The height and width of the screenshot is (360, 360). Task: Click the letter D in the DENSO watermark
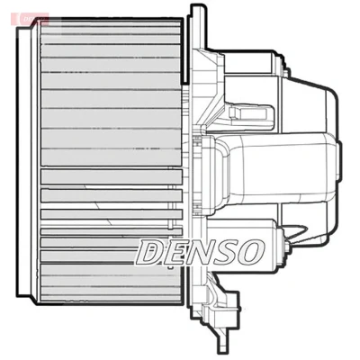[150, 252]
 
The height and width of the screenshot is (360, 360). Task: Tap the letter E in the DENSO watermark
[173, 252]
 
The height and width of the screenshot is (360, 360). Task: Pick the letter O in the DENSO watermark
[250, 252]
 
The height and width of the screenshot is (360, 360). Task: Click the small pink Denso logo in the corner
[30, 19]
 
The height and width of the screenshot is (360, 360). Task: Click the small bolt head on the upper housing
[286, 72]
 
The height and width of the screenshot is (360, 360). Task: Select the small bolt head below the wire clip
[287, 245]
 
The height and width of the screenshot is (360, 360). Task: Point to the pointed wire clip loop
[296, 231]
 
